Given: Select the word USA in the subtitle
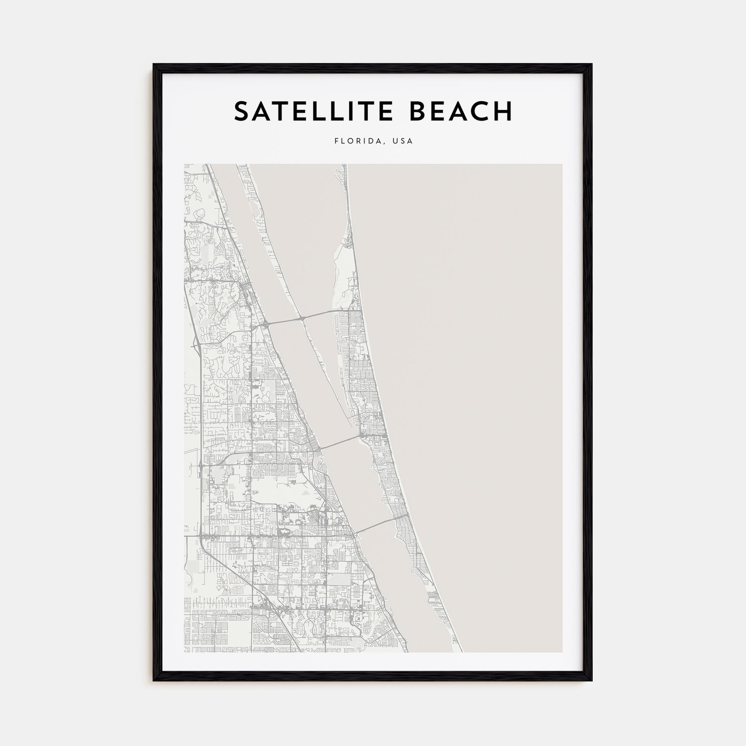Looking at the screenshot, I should coord(403,141).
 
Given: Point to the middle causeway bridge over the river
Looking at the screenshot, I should coord(340,442).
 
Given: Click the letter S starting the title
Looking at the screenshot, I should coord(243,112).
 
